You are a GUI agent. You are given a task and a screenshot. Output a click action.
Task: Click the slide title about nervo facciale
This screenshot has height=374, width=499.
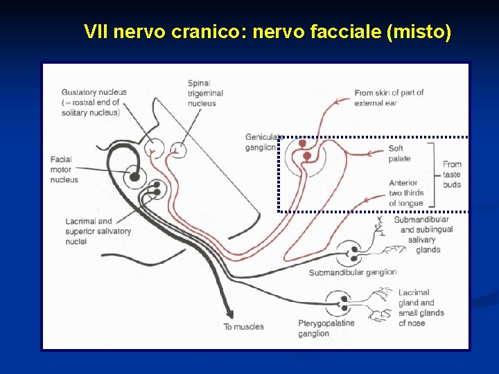click(267, 32)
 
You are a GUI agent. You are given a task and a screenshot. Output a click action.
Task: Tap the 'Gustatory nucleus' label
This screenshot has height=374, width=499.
click(92, 102)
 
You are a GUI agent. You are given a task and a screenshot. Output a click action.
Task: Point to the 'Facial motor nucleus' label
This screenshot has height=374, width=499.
click(64, 170)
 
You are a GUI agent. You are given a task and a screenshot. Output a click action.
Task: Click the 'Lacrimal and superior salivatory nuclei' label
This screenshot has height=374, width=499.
click(98, 231)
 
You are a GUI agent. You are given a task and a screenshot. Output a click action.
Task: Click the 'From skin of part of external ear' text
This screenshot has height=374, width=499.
click(389, 98)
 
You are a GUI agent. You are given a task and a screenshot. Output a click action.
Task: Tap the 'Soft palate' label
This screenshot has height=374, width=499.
click(399, 154)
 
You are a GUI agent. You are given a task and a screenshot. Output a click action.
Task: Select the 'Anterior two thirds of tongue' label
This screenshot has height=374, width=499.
click(406, 193)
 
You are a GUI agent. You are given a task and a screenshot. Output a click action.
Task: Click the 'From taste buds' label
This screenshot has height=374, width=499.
click(452, 175)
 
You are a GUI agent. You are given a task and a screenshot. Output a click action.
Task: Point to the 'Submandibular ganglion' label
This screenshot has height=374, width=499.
click(352, 272)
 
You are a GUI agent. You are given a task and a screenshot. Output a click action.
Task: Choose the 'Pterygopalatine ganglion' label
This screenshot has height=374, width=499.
click(326, 328)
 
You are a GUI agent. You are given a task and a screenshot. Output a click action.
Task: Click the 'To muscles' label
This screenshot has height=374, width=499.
click(243, 327)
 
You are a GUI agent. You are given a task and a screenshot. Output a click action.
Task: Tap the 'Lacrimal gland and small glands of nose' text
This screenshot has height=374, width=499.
click(421, 308)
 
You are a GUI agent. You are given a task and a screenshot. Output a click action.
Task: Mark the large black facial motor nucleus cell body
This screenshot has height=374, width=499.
click(135, 178)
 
